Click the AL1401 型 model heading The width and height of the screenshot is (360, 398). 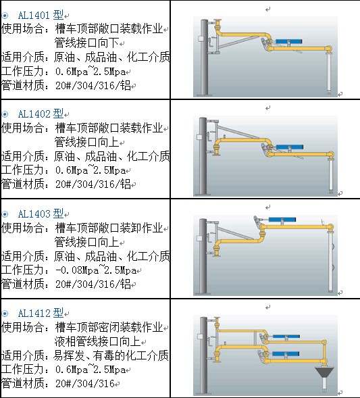click(x=41, y=16)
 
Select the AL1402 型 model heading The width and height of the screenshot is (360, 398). click(x=41, y=114)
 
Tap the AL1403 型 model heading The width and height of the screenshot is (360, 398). click(x=41, y=214)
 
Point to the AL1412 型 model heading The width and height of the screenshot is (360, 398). click(x=41, y=313)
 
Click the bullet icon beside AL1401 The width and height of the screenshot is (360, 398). click(x=5, y=16)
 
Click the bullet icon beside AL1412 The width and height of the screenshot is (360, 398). click(x=5, y=314)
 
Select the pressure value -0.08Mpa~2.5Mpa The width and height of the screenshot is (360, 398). click(x=96, y=270)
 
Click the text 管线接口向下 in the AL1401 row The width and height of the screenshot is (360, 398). click(x=86, y=43)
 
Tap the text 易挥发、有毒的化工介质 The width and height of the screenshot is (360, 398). click(x=111, y=355)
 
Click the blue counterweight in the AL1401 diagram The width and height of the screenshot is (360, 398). click(x=288, y=41)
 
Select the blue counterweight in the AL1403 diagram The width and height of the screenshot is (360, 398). click(x=282, y=220)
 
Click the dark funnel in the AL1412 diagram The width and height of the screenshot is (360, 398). click(x=324, y=372)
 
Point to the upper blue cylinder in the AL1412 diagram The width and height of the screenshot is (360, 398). click(x=286, y=337)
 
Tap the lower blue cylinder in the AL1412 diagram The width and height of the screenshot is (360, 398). click(x=286, y=353)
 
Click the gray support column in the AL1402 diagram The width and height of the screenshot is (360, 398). click(x=203, y=156)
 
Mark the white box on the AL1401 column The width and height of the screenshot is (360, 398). click(x=200, y=39)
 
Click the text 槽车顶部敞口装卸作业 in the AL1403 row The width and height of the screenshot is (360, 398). click(x=109, y=228)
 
